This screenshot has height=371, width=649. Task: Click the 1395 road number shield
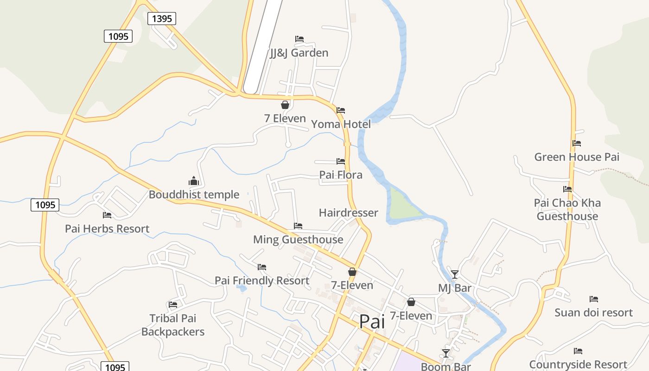point(162,19)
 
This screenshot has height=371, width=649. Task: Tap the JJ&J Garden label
point(299,53)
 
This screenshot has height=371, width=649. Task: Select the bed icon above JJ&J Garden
point(299,39)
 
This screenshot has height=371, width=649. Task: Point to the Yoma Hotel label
point(341,124)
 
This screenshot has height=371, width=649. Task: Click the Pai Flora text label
point(341,175)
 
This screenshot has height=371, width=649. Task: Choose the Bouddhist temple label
point(194,195)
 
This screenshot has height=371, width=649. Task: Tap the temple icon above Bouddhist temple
point(193,180)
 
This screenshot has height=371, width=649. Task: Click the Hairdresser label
point(349,213)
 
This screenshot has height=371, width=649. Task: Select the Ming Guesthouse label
point(298,240)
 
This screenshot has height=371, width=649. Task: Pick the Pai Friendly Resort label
point(262,281)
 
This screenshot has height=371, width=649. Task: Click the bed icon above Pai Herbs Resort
point(107,215)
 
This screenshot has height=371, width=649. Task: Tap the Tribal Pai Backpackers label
point(173,325)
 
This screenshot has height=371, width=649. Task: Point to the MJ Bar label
point(455,288)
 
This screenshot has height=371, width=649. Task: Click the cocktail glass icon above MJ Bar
point(455,275)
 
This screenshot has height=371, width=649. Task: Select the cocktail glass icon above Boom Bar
point(446,353)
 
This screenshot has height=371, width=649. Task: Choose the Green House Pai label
point(577,157)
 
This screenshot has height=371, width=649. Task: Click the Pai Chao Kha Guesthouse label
point(567,210)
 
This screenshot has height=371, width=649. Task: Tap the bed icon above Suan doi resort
point(594,299)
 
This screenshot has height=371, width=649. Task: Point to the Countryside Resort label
point(578,365)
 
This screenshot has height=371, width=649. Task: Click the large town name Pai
point(372,321)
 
